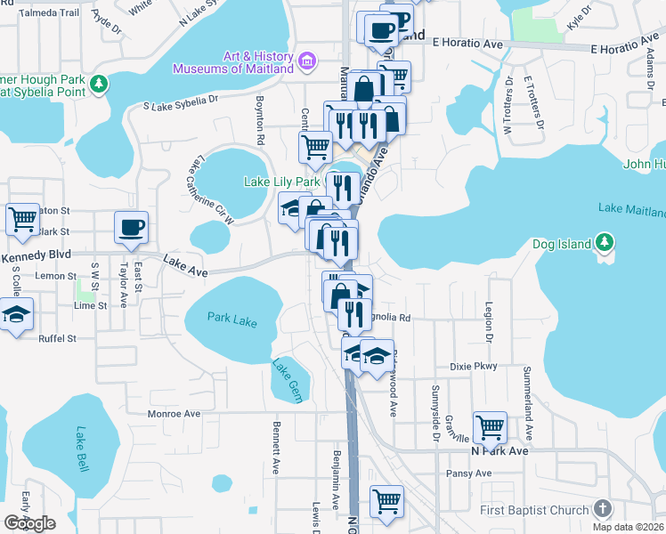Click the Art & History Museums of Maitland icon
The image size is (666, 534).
307,61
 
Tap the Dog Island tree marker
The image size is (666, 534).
605,242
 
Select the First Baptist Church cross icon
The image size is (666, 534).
602,509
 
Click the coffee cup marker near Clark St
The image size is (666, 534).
131,228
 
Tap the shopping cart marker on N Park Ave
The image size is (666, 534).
490,428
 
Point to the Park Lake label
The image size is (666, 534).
232,318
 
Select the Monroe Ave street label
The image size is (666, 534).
174,414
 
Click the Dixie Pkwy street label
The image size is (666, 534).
473,366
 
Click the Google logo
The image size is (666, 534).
29,523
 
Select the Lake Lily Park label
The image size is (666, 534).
282,182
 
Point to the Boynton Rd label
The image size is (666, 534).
261,120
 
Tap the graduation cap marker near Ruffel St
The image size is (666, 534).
16,317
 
